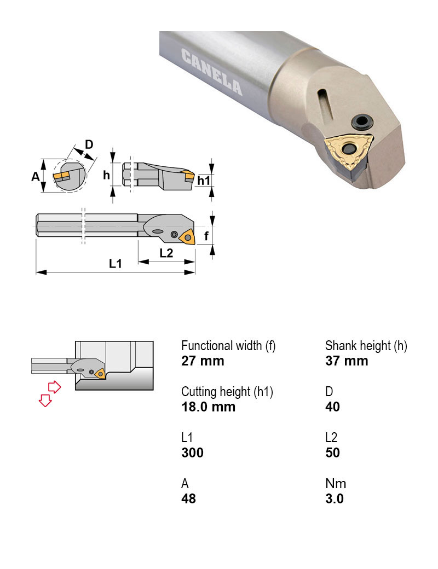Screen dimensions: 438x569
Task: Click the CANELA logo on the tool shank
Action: pos(212,72)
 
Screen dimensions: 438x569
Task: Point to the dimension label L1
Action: pos(116,264)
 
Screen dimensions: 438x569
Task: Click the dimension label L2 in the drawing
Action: pos(166,253)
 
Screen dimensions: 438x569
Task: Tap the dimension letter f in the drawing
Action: pos(206,236)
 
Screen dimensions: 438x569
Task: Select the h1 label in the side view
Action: pos(204,181)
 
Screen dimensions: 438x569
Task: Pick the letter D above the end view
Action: pos(89,144)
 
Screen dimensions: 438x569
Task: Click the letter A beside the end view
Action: pos(35,176)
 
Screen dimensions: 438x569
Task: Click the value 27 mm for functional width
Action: pos(203,361)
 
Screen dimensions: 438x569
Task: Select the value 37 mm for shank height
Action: pos(347,361)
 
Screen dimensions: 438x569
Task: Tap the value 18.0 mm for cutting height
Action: pos(209,407)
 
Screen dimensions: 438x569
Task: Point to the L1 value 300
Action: pos(193,453)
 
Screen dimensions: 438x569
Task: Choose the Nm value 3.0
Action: pos(334,499)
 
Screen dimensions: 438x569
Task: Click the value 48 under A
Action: pos(188,499)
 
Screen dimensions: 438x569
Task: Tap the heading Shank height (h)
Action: pos(366,346)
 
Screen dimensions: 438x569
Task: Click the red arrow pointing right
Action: pos(55,387)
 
